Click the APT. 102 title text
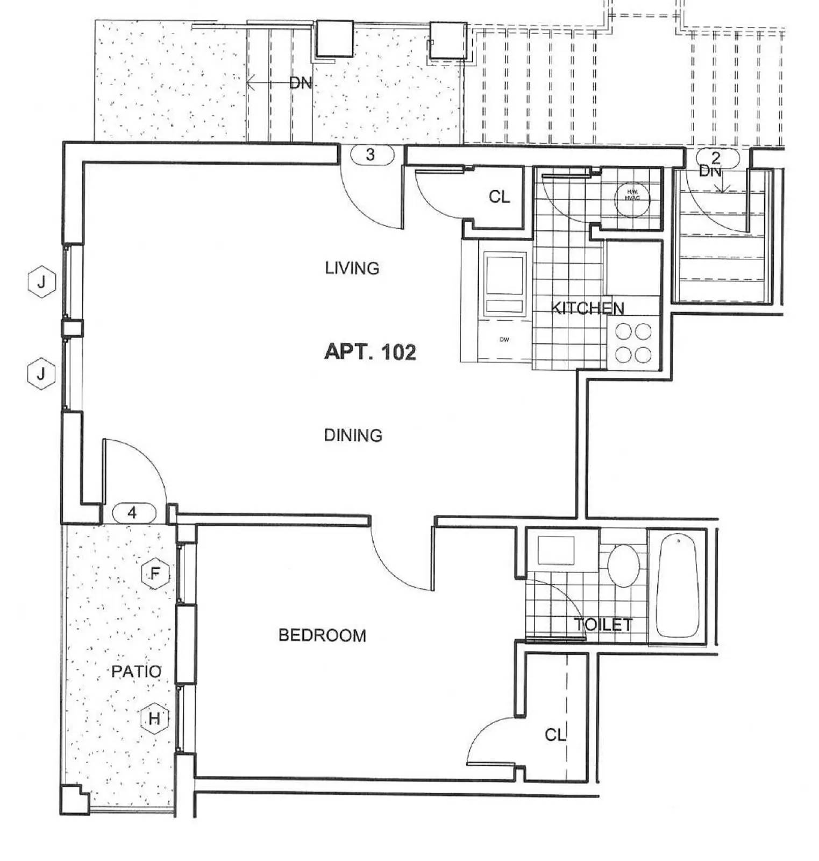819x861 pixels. (x=370, y=352)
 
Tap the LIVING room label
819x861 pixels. (x=352, y=268)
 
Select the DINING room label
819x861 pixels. (x=353, y=435)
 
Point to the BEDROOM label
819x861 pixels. (x=322, y=636)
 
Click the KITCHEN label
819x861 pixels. (x=588, y=308)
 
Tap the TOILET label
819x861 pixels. (x=603, y=625)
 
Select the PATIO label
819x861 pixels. (x=136, y=671)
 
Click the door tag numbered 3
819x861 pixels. (x=371, y=155)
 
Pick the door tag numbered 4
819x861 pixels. (x=133, y=513)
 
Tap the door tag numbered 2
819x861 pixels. (x=715, y=158)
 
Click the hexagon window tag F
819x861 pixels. (x=155, y=574)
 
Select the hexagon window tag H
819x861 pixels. (x=154, y=718)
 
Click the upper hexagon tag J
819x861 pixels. (x=41, y=281)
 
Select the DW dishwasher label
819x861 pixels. (x=504, y=340)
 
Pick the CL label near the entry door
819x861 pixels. (x=499, y=197)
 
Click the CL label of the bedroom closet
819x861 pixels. (x=555, y=735)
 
